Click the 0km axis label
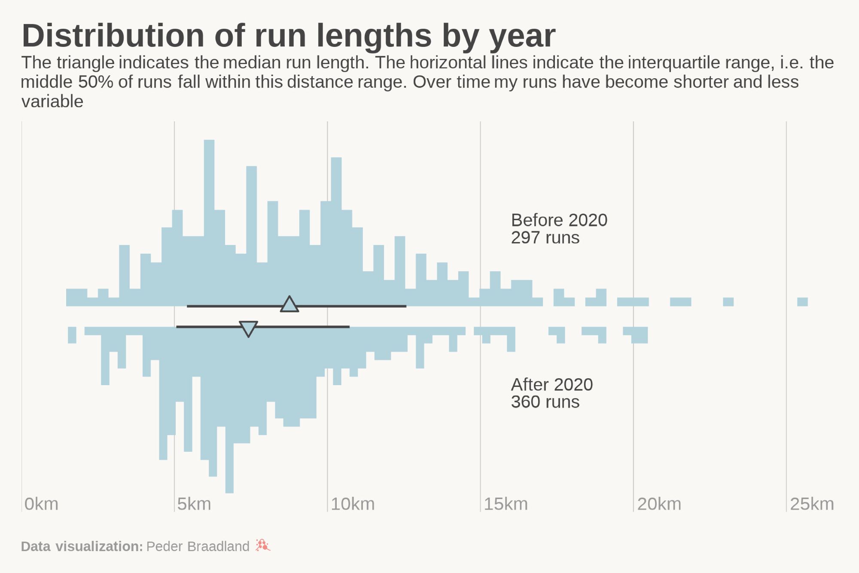point(41,504)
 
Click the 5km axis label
point(194,504)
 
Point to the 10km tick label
point(353,504)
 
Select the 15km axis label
point(506,504)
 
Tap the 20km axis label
point(659,504)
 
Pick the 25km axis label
point(812,504)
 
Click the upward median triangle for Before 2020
point(289,304)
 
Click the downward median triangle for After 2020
point(248,328)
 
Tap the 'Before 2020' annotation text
point(559,220)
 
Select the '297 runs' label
point(545,238)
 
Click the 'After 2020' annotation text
point(551,385)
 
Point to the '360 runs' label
point(545,402)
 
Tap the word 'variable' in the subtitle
point(52,102)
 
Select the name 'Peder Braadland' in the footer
point(198,546)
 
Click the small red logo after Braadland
point(262,545)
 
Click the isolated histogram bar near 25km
point(802,302)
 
